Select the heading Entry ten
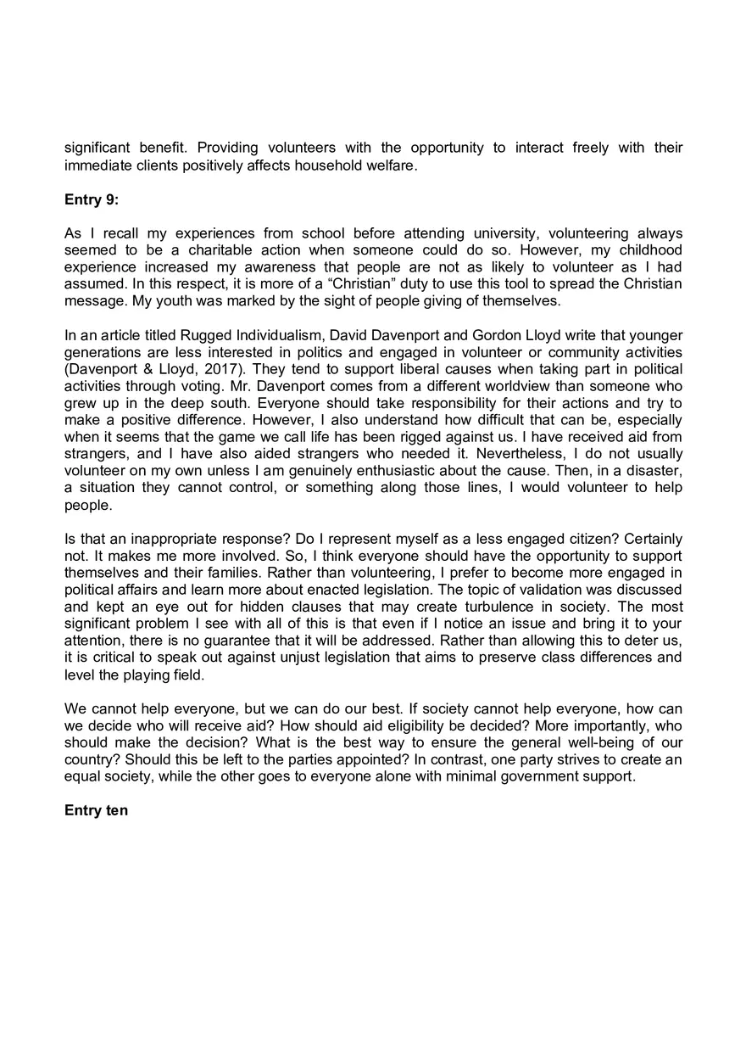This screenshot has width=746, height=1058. click(x=96, y=810)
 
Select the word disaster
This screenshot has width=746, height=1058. click(x=654, y=471)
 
